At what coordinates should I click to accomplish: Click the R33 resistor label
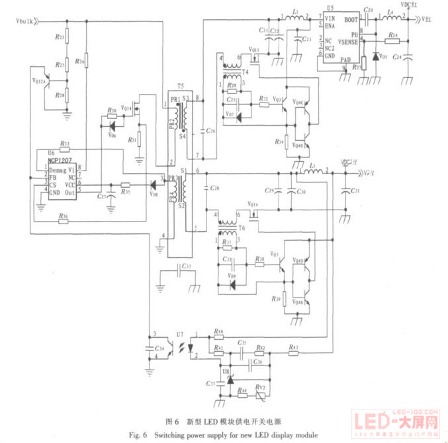coord(65,143)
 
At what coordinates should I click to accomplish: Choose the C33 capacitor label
coord(187,266)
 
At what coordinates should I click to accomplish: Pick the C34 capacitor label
coord(161,347)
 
